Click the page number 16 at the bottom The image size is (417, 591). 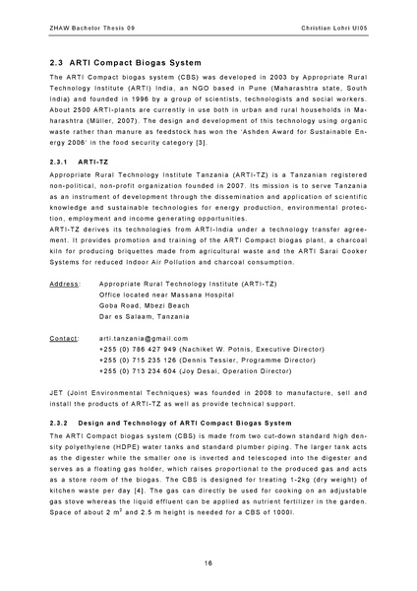208,562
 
